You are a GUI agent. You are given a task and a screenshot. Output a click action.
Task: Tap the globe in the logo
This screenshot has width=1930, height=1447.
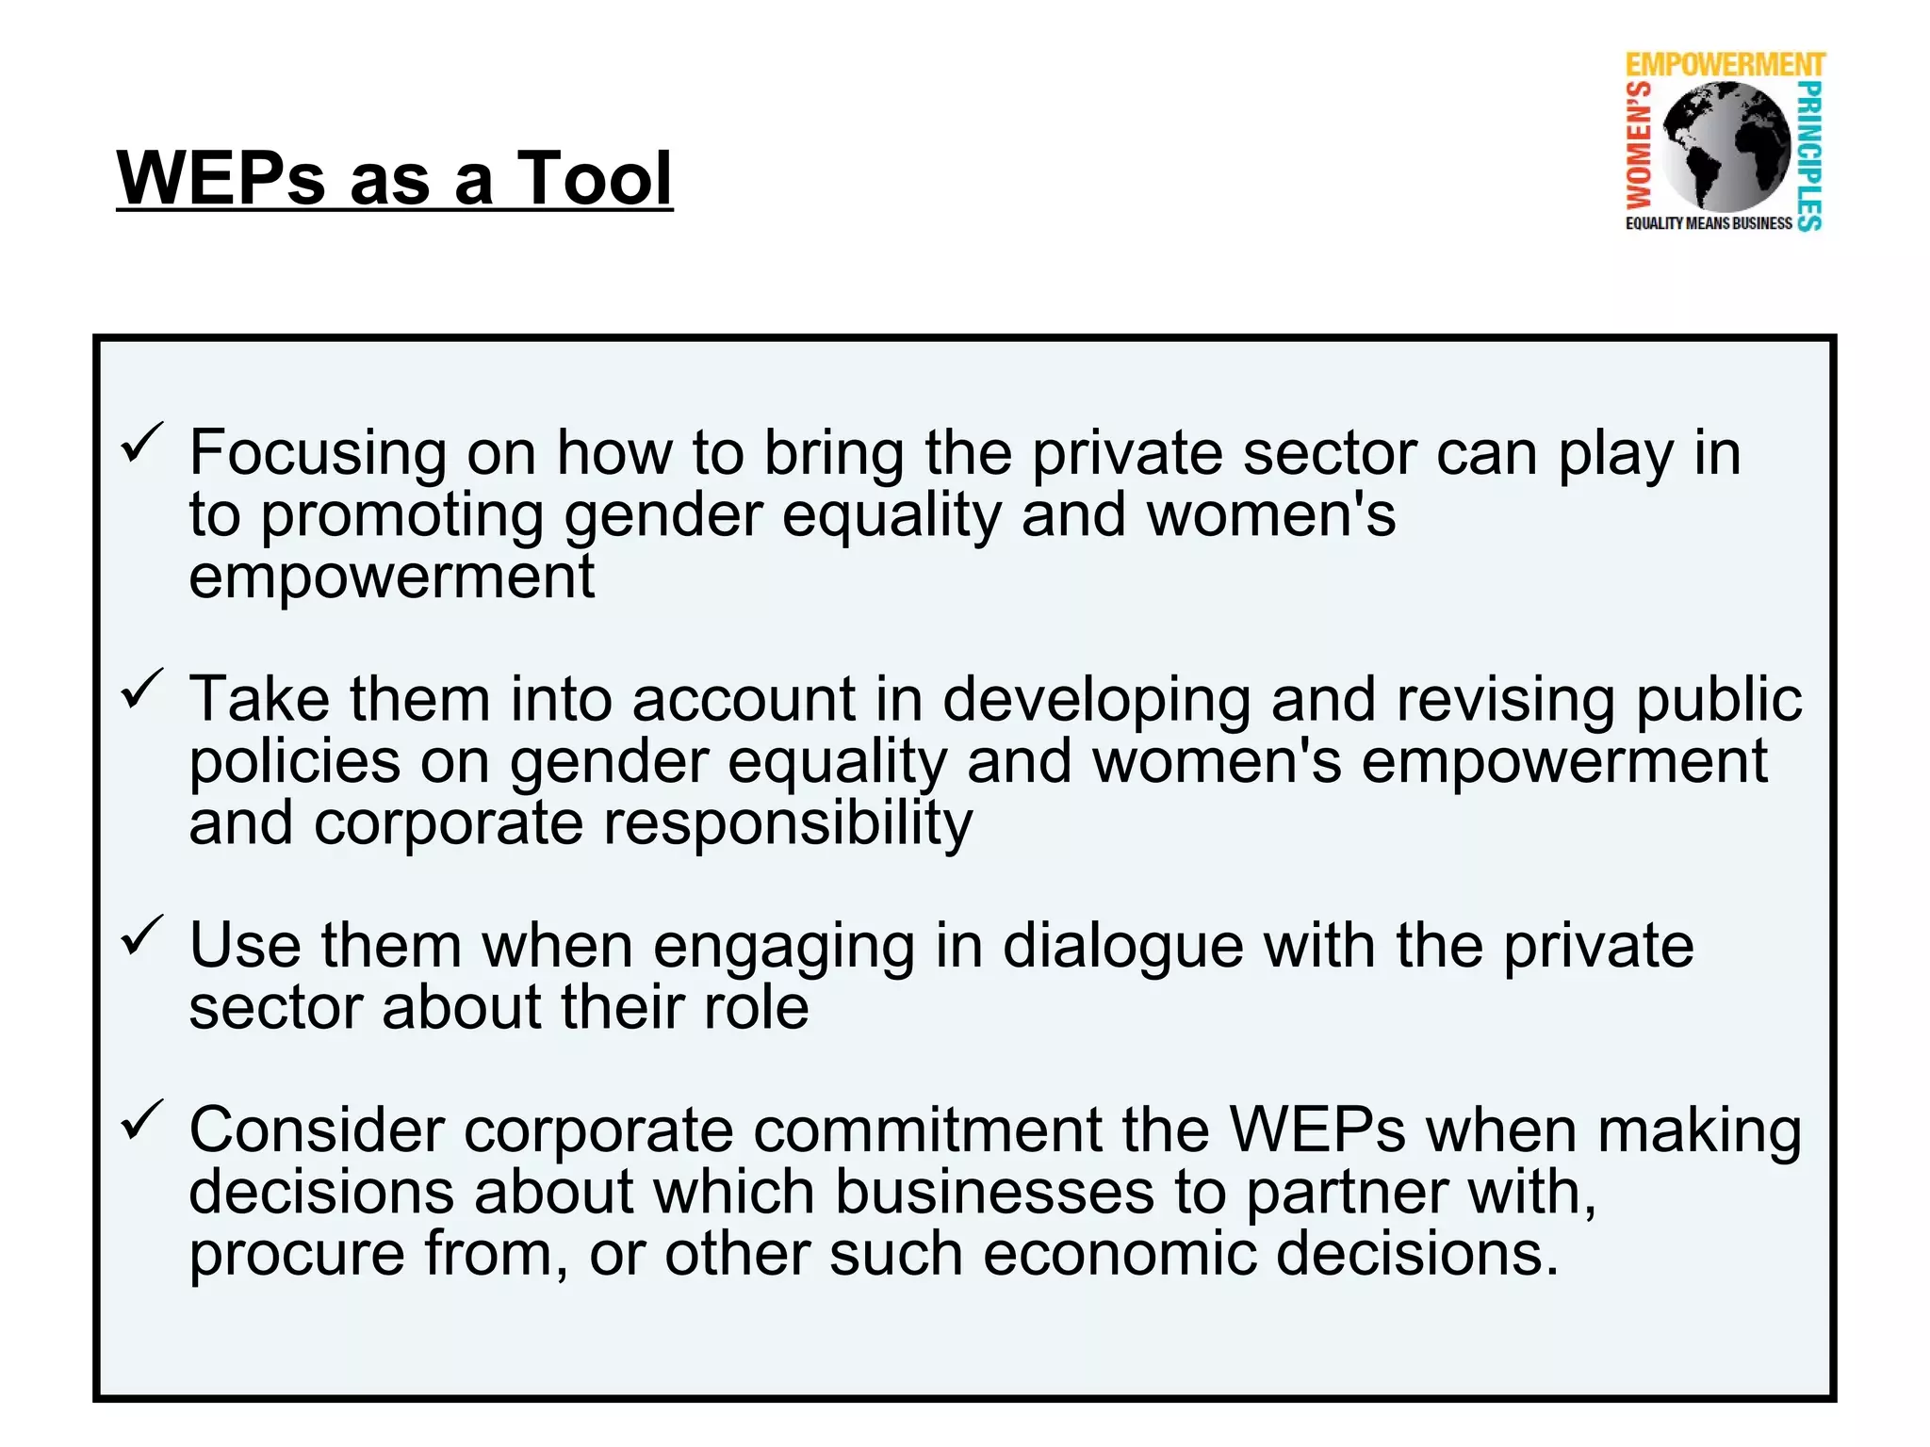pyautogui.click(x=1726, y=146)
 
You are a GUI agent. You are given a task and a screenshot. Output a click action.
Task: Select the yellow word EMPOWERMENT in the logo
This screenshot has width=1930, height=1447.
pyautogui.click(x=1725, y=65)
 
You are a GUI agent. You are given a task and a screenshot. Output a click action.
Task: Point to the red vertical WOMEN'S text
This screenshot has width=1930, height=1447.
pyautogui.click(x=1640, y=145)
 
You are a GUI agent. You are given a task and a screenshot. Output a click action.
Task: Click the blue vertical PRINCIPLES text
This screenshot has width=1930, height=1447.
pyautogui.click(x=1809, y=155)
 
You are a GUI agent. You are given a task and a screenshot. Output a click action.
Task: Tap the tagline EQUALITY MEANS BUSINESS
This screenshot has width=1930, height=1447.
pyautogui.click(x=1708, y=223)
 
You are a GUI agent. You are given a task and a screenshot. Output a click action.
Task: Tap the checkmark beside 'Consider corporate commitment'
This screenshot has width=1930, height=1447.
pyautogui.click(x=142, y=1120)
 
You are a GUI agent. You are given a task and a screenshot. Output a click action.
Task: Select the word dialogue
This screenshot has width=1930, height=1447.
pyautogui.click(x=1122, y=947)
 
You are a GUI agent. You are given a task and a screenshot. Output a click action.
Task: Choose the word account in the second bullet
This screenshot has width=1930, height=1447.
pyautogui.click(x=744, y=700)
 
